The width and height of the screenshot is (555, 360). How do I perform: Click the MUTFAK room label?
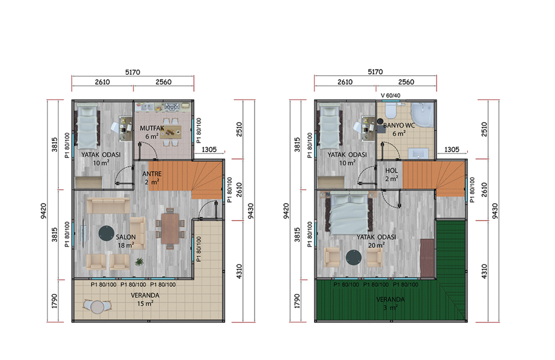[152, 128]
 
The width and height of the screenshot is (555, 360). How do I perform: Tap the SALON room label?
[125, 237]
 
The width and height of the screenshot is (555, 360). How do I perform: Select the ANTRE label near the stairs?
[152, 174]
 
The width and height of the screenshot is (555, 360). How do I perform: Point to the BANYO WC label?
[399, 125]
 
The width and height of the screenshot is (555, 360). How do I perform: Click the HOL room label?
[391, 171]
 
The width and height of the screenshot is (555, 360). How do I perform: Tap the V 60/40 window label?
[390, 96]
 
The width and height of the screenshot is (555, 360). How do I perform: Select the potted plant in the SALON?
[140, 262]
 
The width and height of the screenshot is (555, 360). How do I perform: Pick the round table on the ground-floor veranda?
[97, 307]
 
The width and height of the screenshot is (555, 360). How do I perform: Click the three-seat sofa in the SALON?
[108, 206]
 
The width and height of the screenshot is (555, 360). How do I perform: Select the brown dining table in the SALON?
[170, 229]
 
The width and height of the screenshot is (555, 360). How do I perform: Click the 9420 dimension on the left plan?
[43, 211]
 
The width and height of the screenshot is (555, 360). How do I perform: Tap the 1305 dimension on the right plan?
[452, 149]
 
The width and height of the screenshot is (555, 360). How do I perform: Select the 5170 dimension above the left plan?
[132, 72]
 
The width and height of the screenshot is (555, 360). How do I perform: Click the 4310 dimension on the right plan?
[484, 272]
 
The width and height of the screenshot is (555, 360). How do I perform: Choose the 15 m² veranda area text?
[145, 304]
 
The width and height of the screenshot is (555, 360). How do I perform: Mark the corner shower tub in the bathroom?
[422, 115]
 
